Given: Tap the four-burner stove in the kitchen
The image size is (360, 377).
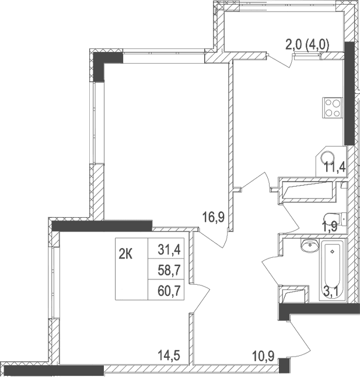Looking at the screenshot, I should pyautogui.click(x=332, y=107).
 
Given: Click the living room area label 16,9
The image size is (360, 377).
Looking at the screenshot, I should pyautogui.click(x=214, y=218).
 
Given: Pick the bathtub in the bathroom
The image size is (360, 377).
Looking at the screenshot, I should pyautogui.click(x=332, y=272).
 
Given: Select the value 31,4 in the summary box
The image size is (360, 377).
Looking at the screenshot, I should pyautogui.click(x=168, y=250).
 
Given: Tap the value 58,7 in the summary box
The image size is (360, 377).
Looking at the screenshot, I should pyautogui.click(x=168, y=269).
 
